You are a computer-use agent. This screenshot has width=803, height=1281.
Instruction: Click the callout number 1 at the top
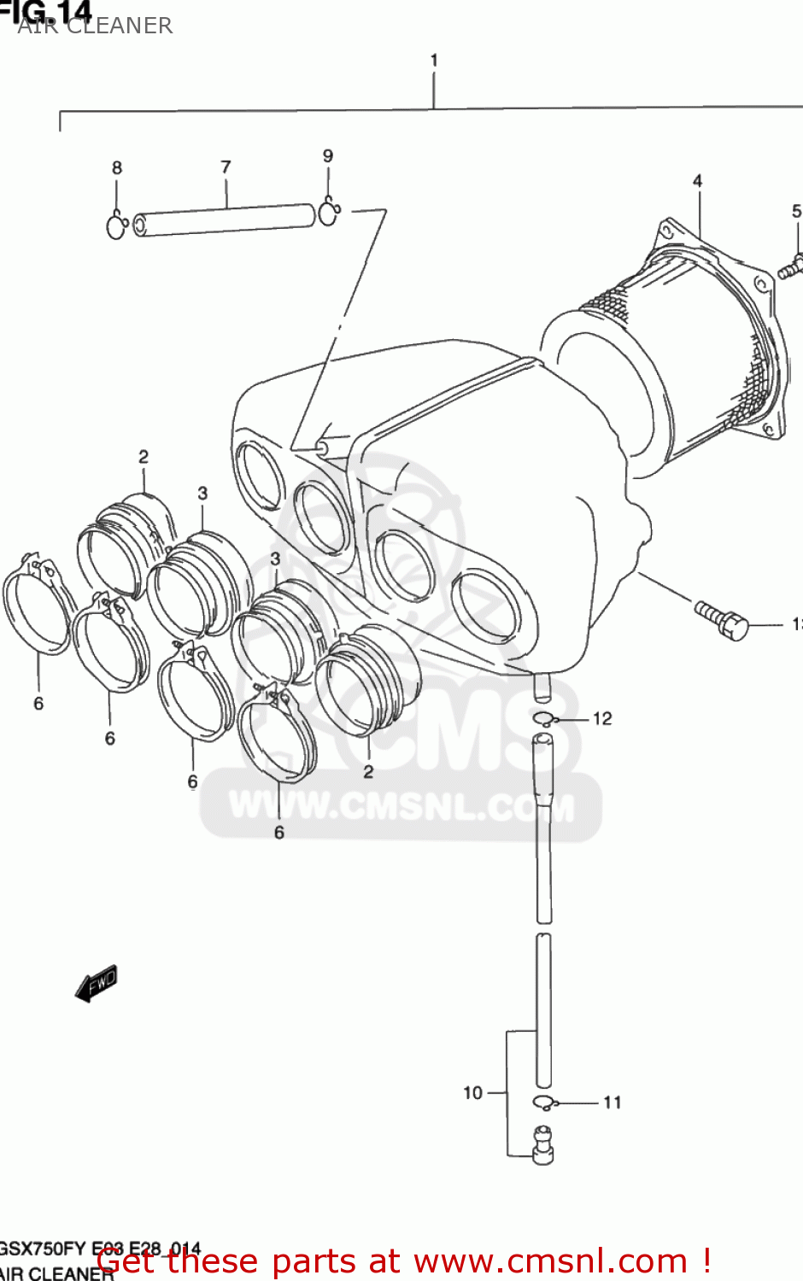coord(434,61)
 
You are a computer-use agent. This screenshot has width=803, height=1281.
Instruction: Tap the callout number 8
coord(117,168)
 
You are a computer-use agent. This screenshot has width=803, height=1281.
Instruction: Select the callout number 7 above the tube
coord(226,167)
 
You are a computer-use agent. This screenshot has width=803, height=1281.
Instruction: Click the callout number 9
coord(328,156)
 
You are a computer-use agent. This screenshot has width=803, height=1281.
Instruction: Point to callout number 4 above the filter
coord(697,181)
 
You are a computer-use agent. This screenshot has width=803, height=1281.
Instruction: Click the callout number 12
coord(602,719)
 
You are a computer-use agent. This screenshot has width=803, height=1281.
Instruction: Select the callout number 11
coord(612,1103)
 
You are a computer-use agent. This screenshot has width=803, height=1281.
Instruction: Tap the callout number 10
coord(472,1093)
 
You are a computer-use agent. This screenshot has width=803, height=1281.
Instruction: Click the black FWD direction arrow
coord(96,984)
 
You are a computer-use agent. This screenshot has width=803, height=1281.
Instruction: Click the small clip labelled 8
coord(117,227)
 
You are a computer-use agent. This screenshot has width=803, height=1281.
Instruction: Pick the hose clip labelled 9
coord(329,212)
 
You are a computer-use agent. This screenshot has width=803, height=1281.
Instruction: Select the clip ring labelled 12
coord(544,719)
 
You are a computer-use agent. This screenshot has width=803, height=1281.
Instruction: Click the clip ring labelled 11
coord(543,1103)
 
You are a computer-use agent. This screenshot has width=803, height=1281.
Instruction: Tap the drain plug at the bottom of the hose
coord(542,1145)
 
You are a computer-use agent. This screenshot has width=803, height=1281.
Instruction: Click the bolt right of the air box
coord(723,620)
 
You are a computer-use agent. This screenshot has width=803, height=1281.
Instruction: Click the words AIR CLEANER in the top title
coord(95,26)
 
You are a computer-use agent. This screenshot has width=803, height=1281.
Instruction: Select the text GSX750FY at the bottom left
coord(41,1249)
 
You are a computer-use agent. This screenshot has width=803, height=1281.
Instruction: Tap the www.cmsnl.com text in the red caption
coord(550,1261)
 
